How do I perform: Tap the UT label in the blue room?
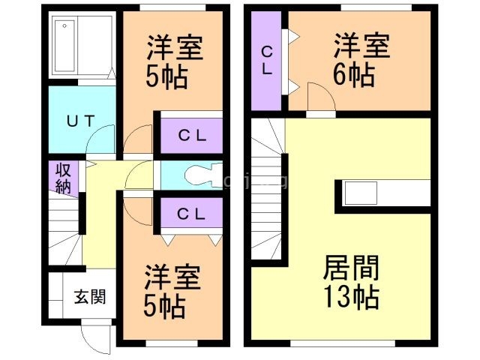[80, 120]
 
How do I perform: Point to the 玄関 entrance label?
[88, 297]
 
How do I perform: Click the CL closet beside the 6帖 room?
[266, 60]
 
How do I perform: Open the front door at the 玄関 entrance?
[96, 337]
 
